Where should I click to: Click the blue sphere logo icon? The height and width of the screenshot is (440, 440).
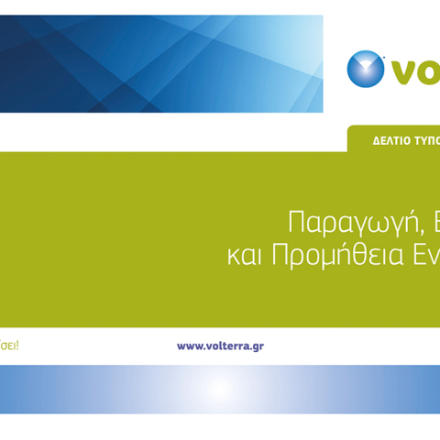366,69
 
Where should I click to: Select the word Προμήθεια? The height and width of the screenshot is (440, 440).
340,256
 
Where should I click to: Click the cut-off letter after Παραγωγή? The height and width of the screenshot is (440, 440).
434,223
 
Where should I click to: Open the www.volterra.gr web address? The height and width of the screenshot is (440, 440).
220,346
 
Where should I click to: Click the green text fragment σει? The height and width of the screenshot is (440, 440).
8,346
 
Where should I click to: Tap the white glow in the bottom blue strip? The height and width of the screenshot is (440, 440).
218,389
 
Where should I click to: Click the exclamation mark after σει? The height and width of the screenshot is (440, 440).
16,346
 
